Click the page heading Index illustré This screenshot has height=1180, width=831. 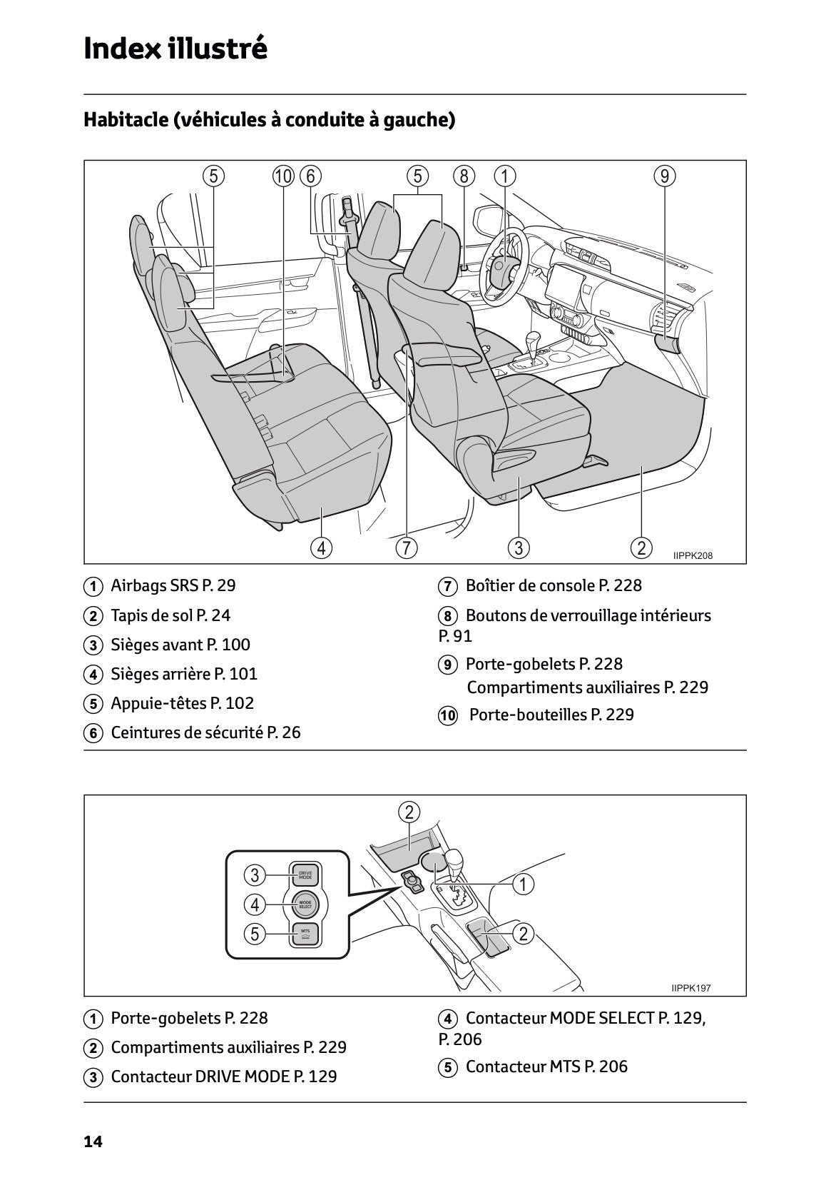point(175,49)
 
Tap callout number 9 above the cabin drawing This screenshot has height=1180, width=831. point(664,176)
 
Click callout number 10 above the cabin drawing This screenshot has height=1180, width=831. point(283,176)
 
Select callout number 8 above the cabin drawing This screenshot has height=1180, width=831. point(464,176)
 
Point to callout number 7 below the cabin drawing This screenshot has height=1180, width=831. point(406,548)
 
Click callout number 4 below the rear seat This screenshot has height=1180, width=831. point(322,548)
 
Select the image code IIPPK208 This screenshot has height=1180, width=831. point(692,555)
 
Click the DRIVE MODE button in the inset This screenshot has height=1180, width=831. point(305,874)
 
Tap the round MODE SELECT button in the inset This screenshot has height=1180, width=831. point(305,904)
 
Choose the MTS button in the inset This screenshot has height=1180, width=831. point(305,934)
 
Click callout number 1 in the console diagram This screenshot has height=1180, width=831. point(524,884)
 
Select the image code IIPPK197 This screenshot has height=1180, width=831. point(690,988)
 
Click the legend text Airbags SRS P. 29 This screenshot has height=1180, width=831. point(173,586)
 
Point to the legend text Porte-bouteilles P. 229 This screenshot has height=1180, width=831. point(551,715)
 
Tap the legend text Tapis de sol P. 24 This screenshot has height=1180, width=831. point(170,615)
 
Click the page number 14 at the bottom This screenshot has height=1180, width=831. point(93,1142)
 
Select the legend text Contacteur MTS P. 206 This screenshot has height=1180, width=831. point(546,1066)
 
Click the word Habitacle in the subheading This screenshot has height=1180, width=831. point(124,119)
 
